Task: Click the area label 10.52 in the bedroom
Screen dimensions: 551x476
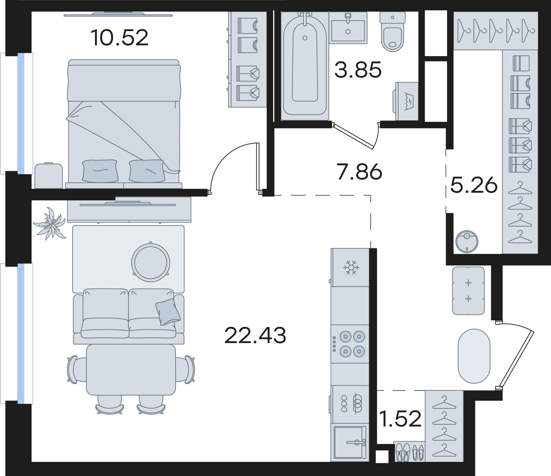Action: click(x=120, y=38)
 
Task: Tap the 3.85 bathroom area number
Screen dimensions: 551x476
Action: click(x=358, y=70)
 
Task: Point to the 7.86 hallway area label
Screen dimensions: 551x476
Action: click(x=360, y=171)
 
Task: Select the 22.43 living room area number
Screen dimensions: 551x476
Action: click(x=255, y=335)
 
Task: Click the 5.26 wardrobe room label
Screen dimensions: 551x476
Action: click(x=474, y=186)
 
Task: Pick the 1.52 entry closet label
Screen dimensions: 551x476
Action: click(x=400, y=419)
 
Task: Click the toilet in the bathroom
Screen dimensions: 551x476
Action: click(x=393, y=32)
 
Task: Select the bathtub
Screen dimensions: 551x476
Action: click(x=305, y=65)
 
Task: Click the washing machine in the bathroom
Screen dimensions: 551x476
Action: click(x=406, y=101)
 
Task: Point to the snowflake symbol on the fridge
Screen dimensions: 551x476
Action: click(x=351, y=267)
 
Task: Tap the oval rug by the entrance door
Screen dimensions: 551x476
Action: click(x=474, y=356)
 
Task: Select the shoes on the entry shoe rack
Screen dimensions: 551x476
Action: click(x=410, y=452)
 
